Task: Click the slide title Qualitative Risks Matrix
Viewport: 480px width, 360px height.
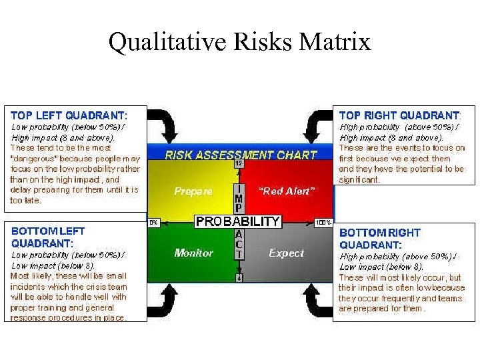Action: pyautogui.click(x=239, y=42)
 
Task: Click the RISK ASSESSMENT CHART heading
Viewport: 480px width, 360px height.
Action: pyautogui.click(x=241, y=155)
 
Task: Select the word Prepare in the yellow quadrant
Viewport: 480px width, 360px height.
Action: pyautogui.click(x=193, y=191)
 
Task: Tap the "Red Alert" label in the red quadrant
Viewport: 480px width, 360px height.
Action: pyautogui.click(x=286, y=191)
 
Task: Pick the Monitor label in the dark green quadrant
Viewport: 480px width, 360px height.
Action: pyautogui.click(x=193, y=253)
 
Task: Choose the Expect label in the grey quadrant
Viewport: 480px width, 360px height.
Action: pyautogui.click(x=286, y=253)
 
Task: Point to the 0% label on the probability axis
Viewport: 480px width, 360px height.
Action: pyautogui.click(x=153, y=223)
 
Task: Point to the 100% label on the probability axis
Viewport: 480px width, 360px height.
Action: pyautogui.click(x=323, y=223)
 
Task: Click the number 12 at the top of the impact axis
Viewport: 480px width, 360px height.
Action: pyautogui.click(x=238, y=163)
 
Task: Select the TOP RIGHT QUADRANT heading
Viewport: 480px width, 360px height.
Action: pyautogui.click(x=399, y=115)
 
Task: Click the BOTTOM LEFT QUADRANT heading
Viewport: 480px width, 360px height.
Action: pyautogui.click(x=48, y=237)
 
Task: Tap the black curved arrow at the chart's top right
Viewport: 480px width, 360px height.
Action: pyautogui.click(x=316, y=125)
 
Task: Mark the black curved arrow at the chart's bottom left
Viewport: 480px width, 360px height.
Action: pyautogui.click(x=162, y=303)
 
